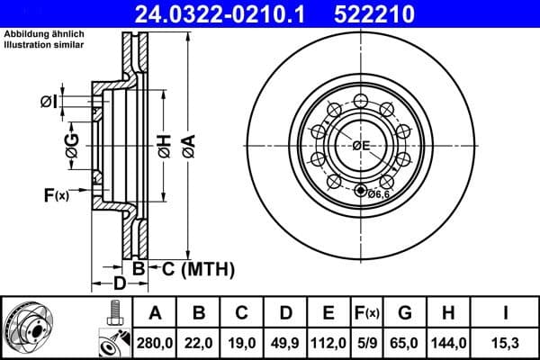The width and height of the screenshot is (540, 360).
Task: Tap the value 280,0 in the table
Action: click(x=155, y=341)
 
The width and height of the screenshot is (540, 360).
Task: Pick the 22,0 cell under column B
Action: click(x=199, y=341)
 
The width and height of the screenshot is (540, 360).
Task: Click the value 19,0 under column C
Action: click(x=242, y=341)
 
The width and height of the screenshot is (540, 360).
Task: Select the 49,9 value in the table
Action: click(x=285, y=341)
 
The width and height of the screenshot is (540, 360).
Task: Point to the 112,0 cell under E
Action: click(x=328, y=341)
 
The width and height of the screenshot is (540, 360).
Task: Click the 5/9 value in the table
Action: click(x=366, y=341)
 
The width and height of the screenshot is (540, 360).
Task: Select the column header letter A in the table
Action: click(x=155, y=313)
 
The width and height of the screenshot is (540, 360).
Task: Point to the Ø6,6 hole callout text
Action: click(x=378, y=192)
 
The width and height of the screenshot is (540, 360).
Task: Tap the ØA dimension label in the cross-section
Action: click(x=188, y=145)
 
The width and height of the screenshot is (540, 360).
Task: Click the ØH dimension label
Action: click(x=163, y=145)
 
